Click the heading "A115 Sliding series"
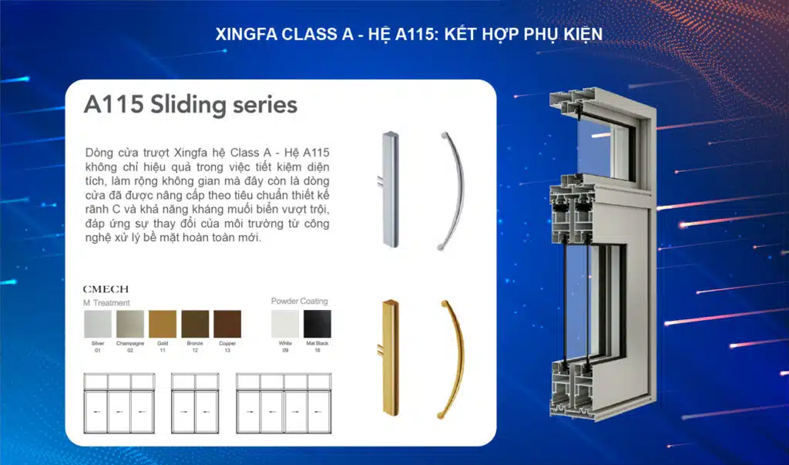tap(190, 105)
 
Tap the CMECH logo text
tap(106, 288)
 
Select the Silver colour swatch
tap(97, 324)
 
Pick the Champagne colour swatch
tap(129, 324)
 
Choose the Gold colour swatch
tap(163, 324)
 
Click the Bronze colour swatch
tap(195, 324)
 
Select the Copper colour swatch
tap(227, 324)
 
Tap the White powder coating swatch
tap(284, 324)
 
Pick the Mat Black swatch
tap(316, 324)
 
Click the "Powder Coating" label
tap(299, 302)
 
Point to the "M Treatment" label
tap(106, 303)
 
